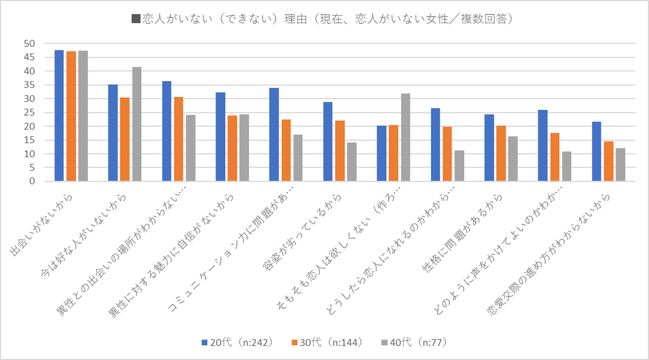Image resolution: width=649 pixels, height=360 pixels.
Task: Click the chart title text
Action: click(x=324, y=19)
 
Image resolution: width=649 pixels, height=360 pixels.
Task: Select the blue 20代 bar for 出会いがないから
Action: click(x=59, y=116)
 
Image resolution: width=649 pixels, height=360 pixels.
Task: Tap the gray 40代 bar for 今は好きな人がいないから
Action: click(x=137, y=124)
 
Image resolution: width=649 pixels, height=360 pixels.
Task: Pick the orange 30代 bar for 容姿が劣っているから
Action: click(x=339, y=151)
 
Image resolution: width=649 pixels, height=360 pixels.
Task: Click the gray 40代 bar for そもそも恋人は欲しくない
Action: click(x=405, y=137)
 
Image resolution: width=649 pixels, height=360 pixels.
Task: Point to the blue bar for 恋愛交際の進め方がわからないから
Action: click(x=596, y=151)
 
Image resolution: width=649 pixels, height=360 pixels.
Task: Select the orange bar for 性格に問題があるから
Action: click(x=500, y=153)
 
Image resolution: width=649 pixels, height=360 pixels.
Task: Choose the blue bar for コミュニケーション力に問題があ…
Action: click(x=274, y=134)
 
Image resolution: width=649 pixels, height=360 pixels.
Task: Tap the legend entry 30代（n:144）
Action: click(x=326, y=342)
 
